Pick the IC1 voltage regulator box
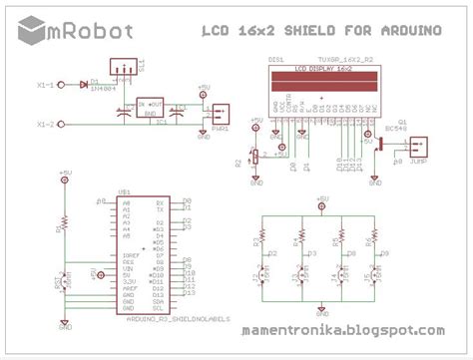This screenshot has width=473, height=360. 152,107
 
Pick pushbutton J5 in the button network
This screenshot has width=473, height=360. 376,272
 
